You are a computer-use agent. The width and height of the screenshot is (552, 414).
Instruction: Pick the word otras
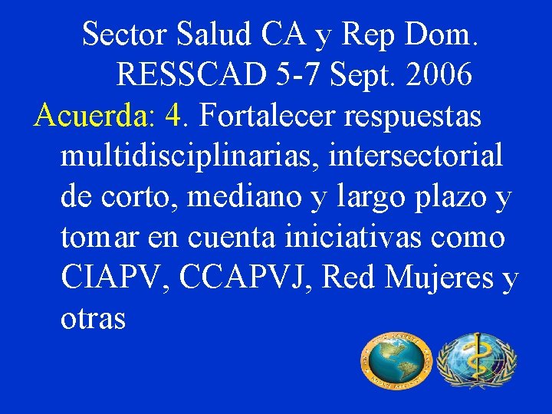point(93,319)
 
